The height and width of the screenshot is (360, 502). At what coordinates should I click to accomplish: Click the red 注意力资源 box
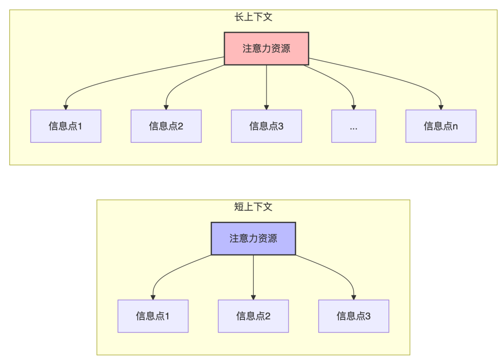coord(266,48)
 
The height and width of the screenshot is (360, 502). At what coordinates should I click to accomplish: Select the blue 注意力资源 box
coord(253,239)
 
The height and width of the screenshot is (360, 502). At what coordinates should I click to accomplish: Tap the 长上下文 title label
coord(253,17)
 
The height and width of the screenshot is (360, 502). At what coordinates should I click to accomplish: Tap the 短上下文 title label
coord(253,207)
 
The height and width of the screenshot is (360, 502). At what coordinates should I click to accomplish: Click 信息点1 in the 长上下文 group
coord(66,126)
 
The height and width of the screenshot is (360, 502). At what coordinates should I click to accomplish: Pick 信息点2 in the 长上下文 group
coord(166,126)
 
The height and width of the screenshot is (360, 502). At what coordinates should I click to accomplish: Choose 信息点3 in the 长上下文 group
coord(266,126)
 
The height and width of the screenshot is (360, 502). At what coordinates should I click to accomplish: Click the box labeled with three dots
coord(353,126)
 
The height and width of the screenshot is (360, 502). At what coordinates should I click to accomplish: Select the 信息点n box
coord(441,126)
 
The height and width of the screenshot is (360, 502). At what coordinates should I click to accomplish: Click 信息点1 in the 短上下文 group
coord(153,316)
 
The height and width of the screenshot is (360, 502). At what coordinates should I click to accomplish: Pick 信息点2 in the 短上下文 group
coord(253,316)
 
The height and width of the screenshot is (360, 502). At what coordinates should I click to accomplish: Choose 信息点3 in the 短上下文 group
coord(354,316)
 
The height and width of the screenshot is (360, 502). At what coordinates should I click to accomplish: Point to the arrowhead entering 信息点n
coord(441,107)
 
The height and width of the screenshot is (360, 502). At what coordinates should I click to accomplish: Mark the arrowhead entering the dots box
coord(354,107)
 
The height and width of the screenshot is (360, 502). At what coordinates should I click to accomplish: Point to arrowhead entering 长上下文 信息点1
coord(66,107)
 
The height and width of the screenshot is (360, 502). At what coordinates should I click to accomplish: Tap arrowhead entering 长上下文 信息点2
coord(166,107)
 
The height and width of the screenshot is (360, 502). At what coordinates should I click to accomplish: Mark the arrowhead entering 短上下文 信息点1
coord(153,297)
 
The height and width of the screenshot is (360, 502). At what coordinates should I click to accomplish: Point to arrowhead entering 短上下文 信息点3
coord(354,297)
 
